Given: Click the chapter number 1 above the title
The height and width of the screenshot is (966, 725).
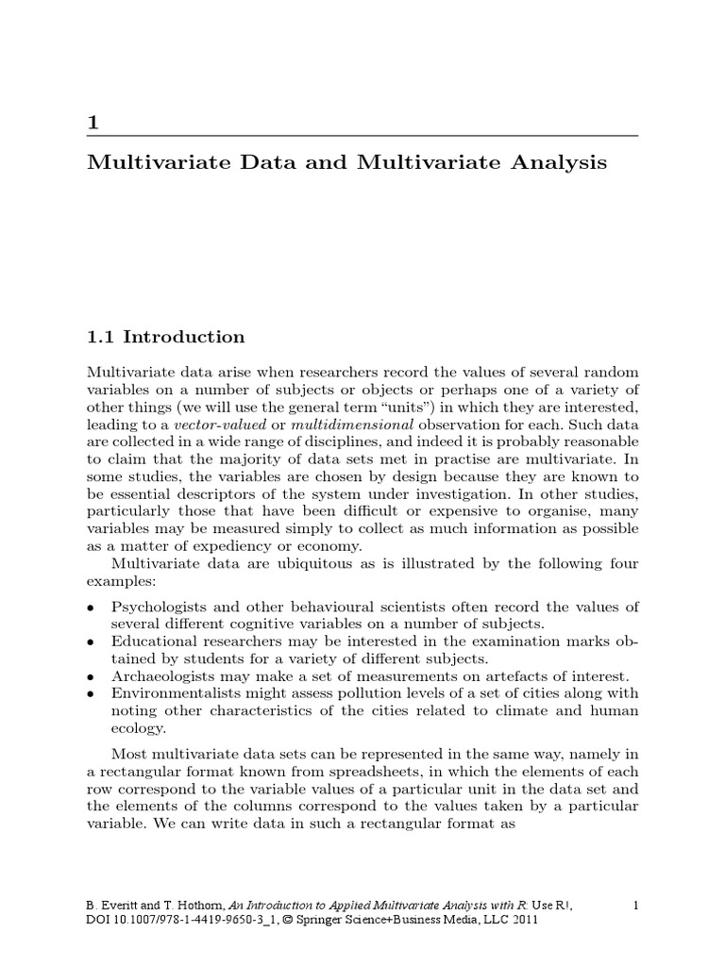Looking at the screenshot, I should pyautogui.click(x=92, y=123).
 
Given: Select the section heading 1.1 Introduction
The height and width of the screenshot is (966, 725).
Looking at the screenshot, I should pyautogui.click(x=165, y=338).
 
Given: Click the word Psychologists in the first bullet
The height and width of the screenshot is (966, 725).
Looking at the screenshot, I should pyautogui.click(x=159, y=606).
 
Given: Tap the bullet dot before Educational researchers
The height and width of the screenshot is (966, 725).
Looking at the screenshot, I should pyautogui.click(x=90, y=641).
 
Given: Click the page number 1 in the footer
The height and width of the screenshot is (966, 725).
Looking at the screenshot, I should pyautogui.click(x=636, y=906).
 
